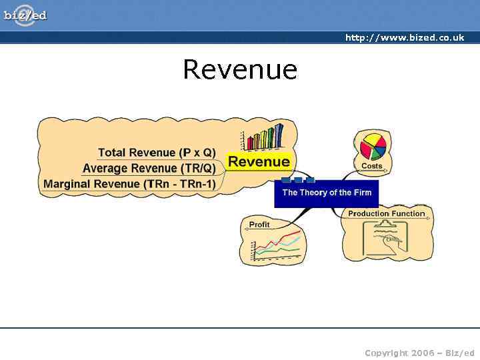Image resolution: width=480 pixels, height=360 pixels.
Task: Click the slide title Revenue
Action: (240, 69)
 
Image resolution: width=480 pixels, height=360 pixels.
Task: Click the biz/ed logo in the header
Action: (25, 15)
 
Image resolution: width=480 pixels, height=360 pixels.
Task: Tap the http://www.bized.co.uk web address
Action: (404, 38)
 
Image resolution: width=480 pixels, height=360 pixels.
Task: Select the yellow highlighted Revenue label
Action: (259, 161)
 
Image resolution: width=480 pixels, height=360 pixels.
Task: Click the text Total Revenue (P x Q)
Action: (157, 153)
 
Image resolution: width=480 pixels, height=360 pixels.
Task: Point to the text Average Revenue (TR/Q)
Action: (149, 168)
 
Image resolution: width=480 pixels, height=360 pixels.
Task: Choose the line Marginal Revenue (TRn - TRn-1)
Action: (129, 184)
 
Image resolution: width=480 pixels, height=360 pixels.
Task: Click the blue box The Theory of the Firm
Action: (326, 193)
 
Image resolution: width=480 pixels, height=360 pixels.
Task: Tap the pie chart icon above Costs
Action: (373, 146)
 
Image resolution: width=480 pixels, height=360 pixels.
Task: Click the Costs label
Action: (372, 166)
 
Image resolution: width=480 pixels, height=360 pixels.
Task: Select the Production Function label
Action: (386, 214)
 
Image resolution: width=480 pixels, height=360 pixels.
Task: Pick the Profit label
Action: (259, 225)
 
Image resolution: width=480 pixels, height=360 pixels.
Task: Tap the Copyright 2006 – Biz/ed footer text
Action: (419, 353)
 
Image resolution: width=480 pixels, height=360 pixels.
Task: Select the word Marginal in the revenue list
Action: (67, 184)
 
